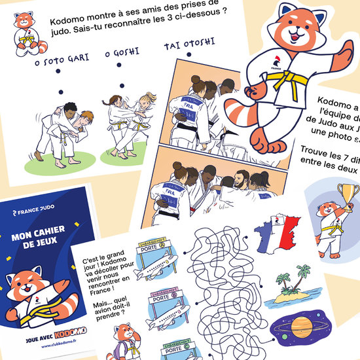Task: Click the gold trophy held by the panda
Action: [344, 194]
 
